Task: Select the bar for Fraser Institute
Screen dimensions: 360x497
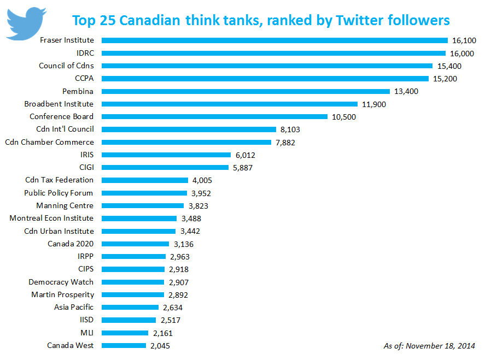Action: point(274,40)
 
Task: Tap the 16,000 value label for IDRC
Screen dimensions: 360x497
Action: point(463,54)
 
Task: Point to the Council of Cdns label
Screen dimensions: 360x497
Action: point(66,66)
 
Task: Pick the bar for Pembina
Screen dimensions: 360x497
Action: point(245,91)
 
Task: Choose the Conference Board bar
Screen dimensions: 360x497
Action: point(214,116)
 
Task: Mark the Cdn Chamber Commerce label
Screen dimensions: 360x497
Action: point(49,142)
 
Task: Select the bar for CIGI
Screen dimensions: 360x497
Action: point(165,167)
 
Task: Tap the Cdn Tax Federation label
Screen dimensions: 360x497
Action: point(59,180)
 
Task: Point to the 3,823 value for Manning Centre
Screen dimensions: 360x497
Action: point(197,206)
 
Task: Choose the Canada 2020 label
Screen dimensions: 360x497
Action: point(71,244)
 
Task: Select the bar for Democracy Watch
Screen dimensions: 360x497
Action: point(133,282)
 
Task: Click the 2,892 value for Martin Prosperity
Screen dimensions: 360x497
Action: point(180,295)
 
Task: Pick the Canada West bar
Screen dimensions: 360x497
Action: point(124,345)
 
